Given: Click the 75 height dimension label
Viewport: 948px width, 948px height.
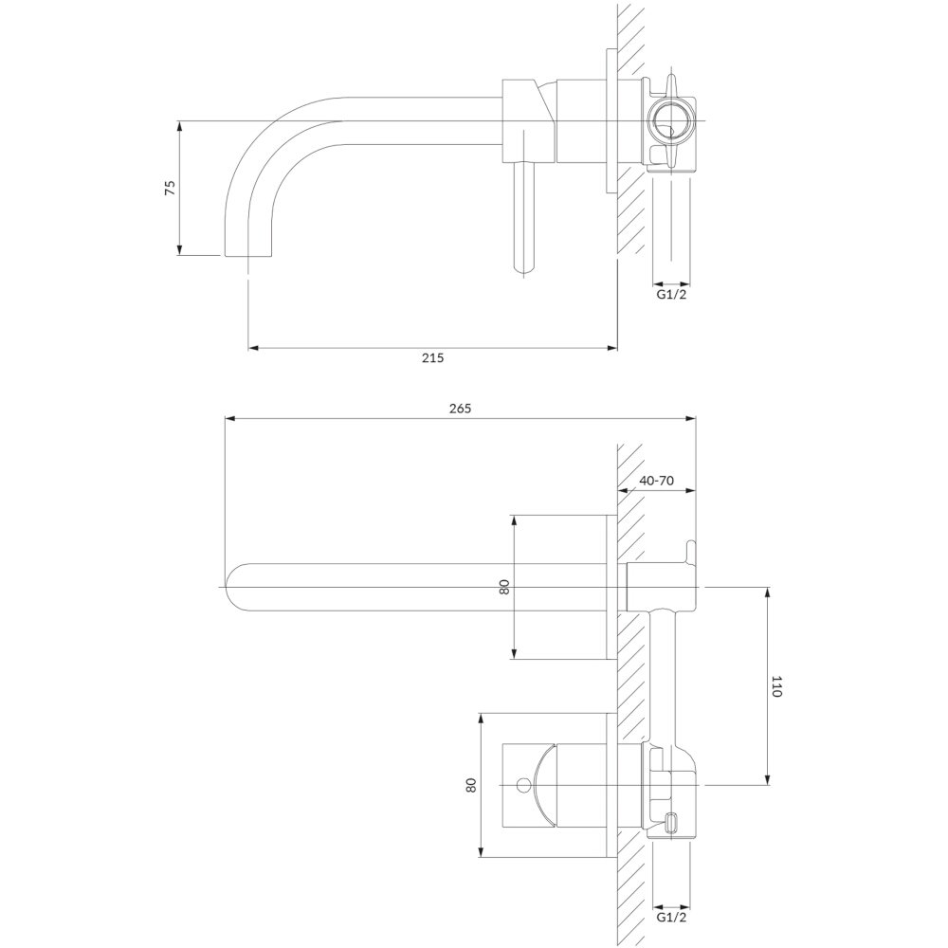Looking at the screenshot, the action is point(171,188).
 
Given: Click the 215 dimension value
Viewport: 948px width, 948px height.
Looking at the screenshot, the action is point(433,358).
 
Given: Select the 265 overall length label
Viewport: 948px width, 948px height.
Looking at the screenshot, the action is point(460,408).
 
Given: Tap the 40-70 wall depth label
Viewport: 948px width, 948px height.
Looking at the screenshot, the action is point(657,481).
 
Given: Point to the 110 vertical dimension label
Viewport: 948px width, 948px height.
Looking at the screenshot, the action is point(777,686).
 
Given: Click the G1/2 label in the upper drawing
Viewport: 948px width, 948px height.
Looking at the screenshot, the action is point(672,295).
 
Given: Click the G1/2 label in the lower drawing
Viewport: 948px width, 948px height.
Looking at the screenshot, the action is point(672,934).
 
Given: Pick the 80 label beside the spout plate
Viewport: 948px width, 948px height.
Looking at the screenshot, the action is point(505,587).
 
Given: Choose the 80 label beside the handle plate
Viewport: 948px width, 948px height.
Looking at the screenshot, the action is point(471,785).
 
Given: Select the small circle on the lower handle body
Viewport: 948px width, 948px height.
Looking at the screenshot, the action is point(524,785).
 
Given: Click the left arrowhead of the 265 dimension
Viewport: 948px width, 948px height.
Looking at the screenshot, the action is point(229,417).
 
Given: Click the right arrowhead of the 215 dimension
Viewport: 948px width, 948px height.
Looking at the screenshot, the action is point(611,348).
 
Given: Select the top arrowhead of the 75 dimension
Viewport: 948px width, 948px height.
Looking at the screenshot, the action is point(179,127).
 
